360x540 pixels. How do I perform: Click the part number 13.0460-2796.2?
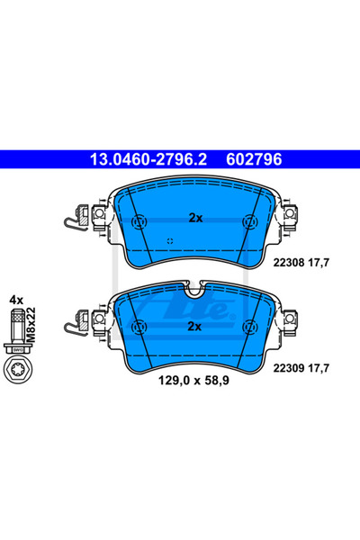148,159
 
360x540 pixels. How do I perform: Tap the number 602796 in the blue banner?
254,159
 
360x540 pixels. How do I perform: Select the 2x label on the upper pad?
195,218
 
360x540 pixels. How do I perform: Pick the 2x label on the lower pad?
194,326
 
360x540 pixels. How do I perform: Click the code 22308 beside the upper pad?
289,263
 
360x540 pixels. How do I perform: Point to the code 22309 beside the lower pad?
289,368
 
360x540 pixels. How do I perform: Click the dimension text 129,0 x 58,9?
193,381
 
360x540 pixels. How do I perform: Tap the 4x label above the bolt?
16,300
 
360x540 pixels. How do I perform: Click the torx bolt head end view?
16,369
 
